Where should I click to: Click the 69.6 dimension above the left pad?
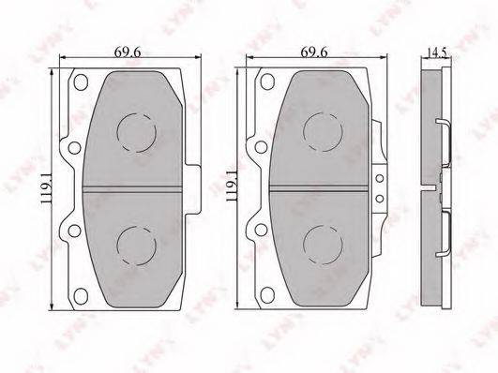[x=128, y=52]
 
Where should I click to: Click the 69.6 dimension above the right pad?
[x=314, y=52]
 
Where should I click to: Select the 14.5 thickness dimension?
[x=437, y=52]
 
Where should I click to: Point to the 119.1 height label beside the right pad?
[x=233, y=186]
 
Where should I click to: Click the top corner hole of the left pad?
[x=81, y=82]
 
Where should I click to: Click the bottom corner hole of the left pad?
[x=81, y=295]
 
